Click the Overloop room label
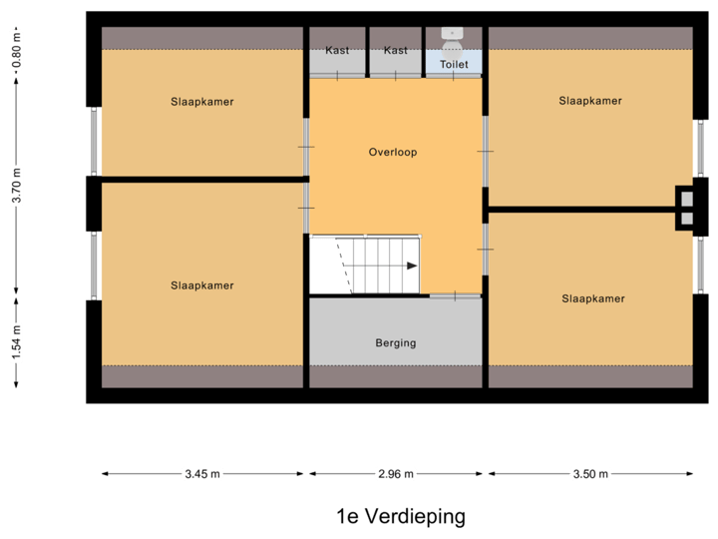click(392, 153)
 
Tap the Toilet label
click(454, 64)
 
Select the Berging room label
click(396, 343)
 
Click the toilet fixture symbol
click(454, 39)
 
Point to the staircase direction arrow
click(411, 266)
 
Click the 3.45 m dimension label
click(202, 474)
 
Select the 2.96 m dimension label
click(396, 474)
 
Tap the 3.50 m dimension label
click(590, 474)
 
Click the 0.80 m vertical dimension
click(16, 51)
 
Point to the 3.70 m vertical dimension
click(16, 186)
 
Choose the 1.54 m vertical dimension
click(16, 342)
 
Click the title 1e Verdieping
click(401, 517)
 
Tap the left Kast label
click(337, 50)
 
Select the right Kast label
click(396, 50)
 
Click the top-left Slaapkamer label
click(202, 102)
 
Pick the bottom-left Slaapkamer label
click(202, 285)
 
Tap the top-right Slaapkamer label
click(590, 101)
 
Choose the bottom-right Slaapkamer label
click(593, 298)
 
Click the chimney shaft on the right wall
click(686, 208)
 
